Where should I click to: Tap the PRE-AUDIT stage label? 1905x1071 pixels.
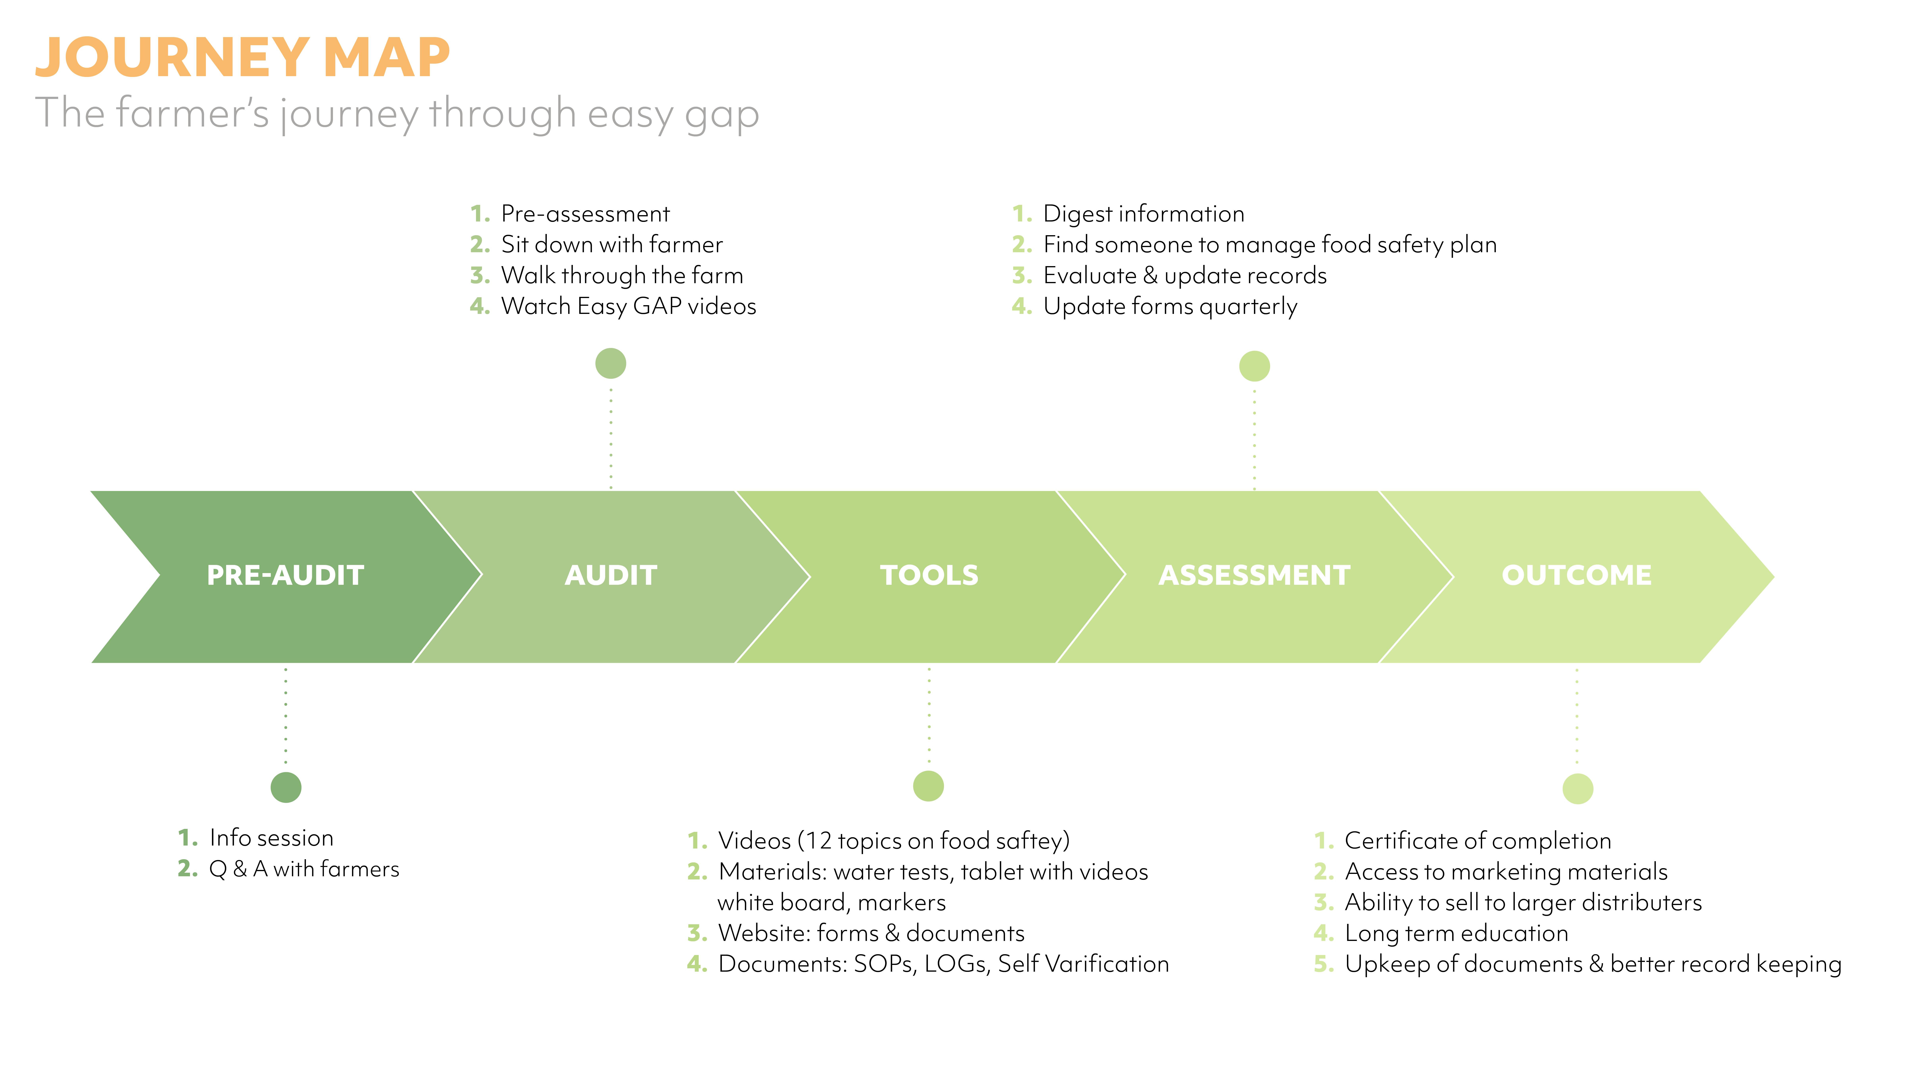tap(285, 575)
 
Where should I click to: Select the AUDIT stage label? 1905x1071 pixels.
tap(611, 575)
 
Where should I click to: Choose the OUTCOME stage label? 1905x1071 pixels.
tap(1577, 575)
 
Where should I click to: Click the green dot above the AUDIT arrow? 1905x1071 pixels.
tap(611, 363)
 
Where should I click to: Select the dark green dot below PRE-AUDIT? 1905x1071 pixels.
tap(286, 787)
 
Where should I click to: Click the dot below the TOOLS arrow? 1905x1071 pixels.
tap(929, 785)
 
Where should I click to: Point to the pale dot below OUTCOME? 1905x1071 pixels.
tap(1577, 788)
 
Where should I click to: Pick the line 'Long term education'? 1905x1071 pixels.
tap(1456, 933)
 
